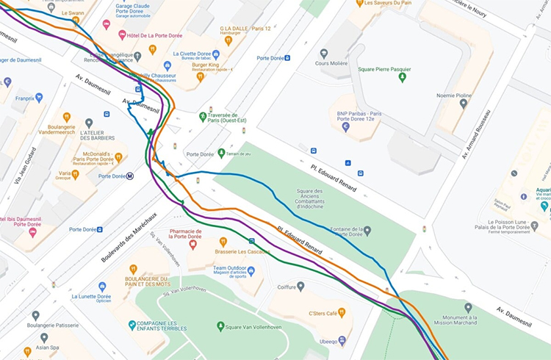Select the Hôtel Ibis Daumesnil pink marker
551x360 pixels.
click(x=32, y=232)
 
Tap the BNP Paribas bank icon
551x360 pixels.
click(x=346, y=127)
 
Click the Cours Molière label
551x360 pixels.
click(x=331, y=63)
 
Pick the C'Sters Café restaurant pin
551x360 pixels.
click(x=342, y=312)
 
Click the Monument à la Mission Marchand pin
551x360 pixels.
click(x=468, y=307)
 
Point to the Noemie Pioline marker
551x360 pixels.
click(x=463, y=104)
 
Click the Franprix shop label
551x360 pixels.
click(x=24, y=97)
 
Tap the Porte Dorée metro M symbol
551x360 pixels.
click(x=130, y=176)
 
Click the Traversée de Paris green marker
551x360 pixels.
click(x=203, y=117)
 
